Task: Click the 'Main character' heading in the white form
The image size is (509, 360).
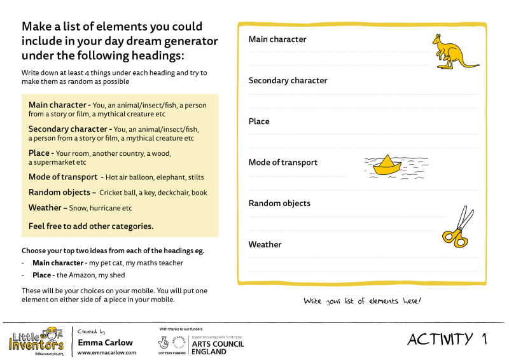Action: [277, 39]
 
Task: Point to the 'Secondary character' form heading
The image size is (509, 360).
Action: [288, 81]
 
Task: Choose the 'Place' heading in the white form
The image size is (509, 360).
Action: [259, 121]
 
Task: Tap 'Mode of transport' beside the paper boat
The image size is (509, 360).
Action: [282, 162]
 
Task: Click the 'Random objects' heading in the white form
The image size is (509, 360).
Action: [279, 204]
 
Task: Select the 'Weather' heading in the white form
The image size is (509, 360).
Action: [265, 244]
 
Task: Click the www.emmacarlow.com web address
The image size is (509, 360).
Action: [106, 353]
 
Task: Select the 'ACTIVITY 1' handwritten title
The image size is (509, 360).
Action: [447, 339]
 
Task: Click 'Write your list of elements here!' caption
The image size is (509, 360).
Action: [362, 301]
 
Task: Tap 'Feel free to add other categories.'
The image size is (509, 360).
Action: [91, 226]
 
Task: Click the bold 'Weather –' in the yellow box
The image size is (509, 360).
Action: [48, 207]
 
